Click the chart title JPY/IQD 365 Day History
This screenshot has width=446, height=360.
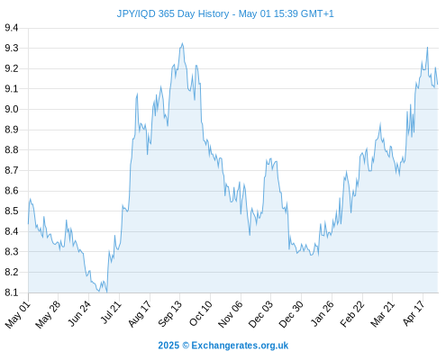[x=173, y=13]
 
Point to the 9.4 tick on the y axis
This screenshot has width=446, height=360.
[x=12, y=28]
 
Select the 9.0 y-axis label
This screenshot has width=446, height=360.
[x=12, y=109]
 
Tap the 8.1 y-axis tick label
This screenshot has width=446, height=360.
[x=12, y=292]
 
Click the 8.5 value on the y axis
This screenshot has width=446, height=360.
[x=12, y=211]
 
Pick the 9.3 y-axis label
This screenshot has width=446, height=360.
[x=12, y=48]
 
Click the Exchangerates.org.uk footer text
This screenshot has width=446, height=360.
[x=240, y=346]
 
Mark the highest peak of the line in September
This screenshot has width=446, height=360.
[x=182, y=43]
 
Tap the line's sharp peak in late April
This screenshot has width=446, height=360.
[x=427, y=48]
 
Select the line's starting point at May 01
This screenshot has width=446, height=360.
[x=29, y=223]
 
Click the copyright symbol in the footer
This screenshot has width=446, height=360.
[x=186, y=346]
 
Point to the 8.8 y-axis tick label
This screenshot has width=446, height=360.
[x=12, y=149]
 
